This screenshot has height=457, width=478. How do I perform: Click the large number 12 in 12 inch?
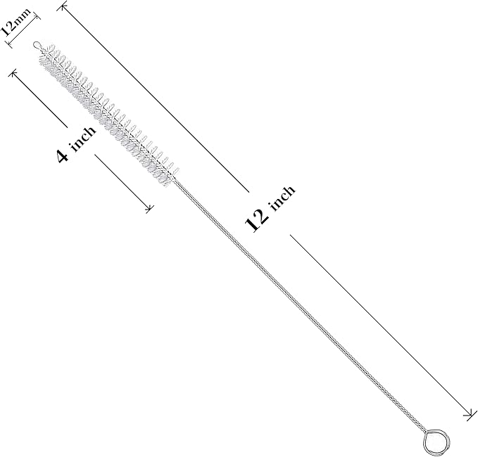[x=256, y=220]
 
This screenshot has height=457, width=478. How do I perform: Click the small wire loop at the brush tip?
[x=37, y=46]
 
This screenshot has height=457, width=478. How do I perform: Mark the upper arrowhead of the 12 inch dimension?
[x=63, y=6]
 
